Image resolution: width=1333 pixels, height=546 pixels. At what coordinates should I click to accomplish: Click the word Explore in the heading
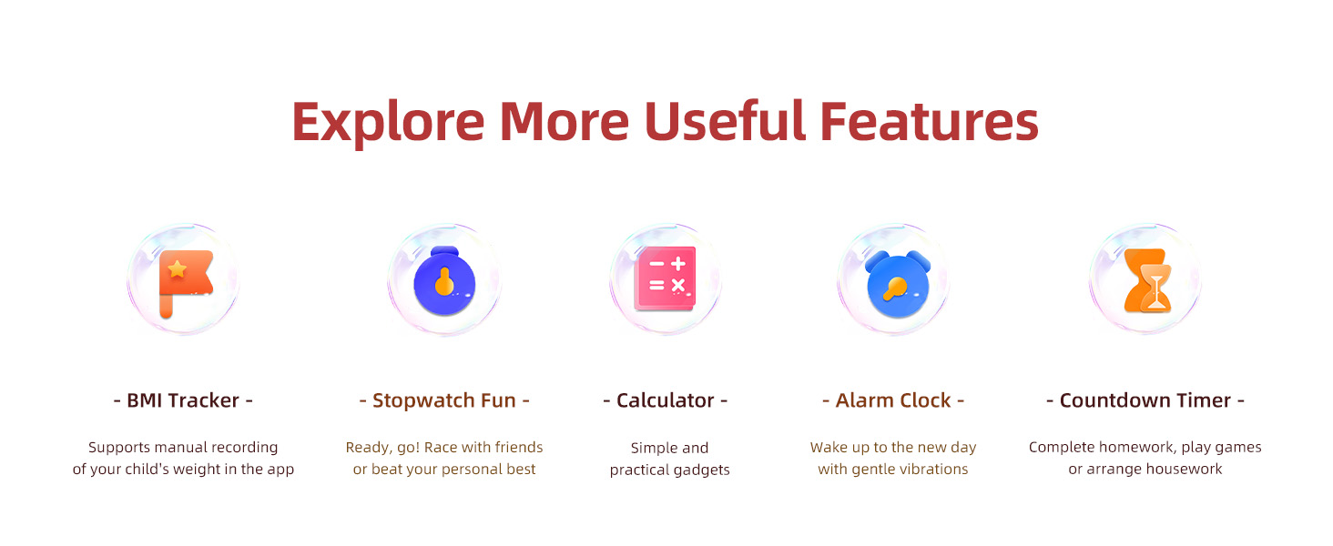388,122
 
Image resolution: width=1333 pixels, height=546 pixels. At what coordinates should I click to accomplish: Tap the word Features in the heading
929,121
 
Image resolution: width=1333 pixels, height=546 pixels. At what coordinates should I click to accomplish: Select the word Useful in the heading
724,121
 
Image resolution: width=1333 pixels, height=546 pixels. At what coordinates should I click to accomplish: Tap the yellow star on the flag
178,269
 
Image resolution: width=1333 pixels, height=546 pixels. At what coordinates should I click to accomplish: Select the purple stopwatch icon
444,280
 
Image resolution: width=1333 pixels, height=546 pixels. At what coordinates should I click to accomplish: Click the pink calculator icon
666,278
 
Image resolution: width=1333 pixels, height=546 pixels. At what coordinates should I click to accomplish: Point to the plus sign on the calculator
677,263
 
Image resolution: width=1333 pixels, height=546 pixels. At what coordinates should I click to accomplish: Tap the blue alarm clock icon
898,284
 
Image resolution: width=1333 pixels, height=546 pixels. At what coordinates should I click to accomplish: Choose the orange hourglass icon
1147,280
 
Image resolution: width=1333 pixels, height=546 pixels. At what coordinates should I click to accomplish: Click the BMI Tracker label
183,400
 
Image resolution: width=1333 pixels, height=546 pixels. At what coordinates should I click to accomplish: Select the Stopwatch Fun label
444,400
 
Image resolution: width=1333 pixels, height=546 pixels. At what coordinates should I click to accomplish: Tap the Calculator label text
666,400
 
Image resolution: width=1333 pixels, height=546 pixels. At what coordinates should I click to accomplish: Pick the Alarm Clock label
893,400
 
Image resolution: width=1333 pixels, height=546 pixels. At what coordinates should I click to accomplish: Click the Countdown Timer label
1145,400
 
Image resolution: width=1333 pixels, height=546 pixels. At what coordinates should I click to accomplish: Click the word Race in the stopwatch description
456,448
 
